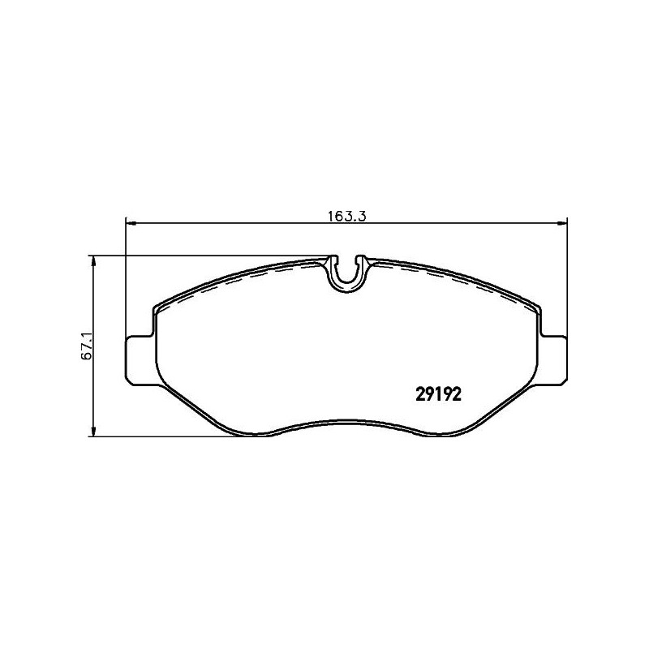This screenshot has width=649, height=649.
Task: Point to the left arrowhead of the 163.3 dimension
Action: click(130, 224)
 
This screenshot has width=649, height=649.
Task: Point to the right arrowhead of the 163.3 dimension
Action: click(561, 224)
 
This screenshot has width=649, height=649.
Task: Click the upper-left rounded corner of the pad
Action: click(160, 308)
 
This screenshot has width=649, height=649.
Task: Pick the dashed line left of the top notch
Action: click(260, 275)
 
